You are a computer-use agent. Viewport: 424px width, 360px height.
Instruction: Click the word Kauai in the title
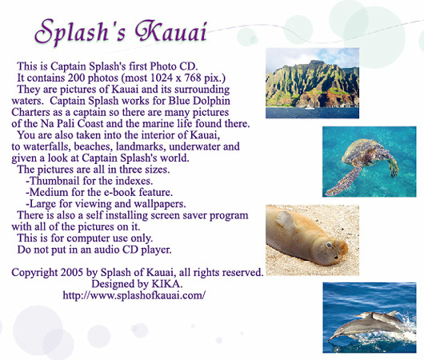(171, 31)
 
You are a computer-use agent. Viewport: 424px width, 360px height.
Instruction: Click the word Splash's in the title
(80, 32)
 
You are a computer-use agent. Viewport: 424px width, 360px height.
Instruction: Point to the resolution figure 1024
(161, 78)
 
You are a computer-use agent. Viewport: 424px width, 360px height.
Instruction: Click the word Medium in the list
(49, 192)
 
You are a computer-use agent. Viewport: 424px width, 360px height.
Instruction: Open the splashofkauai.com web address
(134, 295)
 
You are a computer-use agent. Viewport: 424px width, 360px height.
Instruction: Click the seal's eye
(329, 246)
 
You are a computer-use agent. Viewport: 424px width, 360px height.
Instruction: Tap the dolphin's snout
(331, 338)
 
